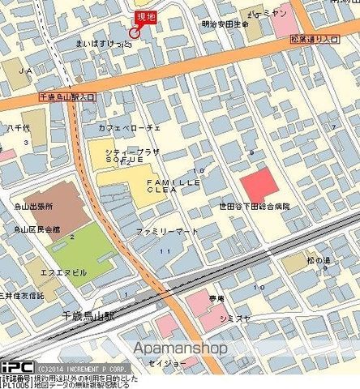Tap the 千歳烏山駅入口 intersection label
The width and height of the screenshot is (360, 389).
coord(66,96)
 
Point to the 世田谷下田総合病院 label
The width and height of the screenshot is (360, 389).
coord(254,207)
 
